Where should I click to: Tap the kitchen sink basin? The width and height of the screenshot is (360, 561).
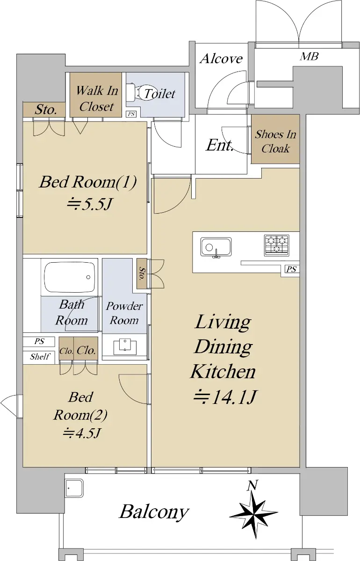pyautogui.click(x=216, y=247)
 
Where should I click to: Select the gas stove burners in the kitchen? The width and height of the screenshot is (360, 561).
pyautogui.click(x=277, y=245)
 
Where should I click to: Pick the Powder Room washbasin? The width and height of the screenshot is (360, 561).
pyautogui.click(x=125, y=346)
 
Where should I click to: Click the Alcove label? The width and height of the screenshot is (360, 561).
pyautogui.click(x=221, y=59)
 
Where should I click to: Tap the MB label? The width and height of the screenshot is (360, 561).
pyautogui.click(x=309, y=57)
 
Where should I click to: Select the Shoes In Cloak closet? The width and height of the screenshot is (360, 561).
pyautogui.click(x=275, y=139)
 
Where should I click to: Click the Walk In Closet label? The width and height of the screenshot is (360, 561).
pyautogui.click(x=97, y=99)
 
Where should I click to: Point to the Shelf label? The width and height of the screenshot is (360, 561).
pyautogui.click(x=40, y=356)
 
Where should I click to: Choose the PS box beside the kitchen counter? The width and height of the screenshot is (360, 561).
pyautogui.click(x=291, y=269)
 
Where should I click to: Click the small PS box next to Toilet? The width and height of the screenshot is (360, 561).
pyautogui.click(x=131, y=114)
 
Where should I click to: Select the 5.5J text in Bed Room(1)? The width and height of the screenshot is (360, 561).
pyautogui.click(x=89, y=204)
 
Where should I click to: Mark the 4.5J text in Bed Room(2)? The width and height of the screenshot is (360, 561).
pyautogui.click(x=82, y=433)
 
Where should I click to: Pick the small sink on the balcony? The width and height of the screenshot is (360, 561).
pyautogui.click(x=74, y=488)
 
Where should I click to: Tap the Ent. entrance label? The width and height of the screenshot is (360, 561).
pyautogui.click(x=219, y=145)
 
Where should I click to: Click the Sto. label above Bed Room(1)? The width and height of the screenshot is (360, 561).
pyautogui.click(x=45, y=109)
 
